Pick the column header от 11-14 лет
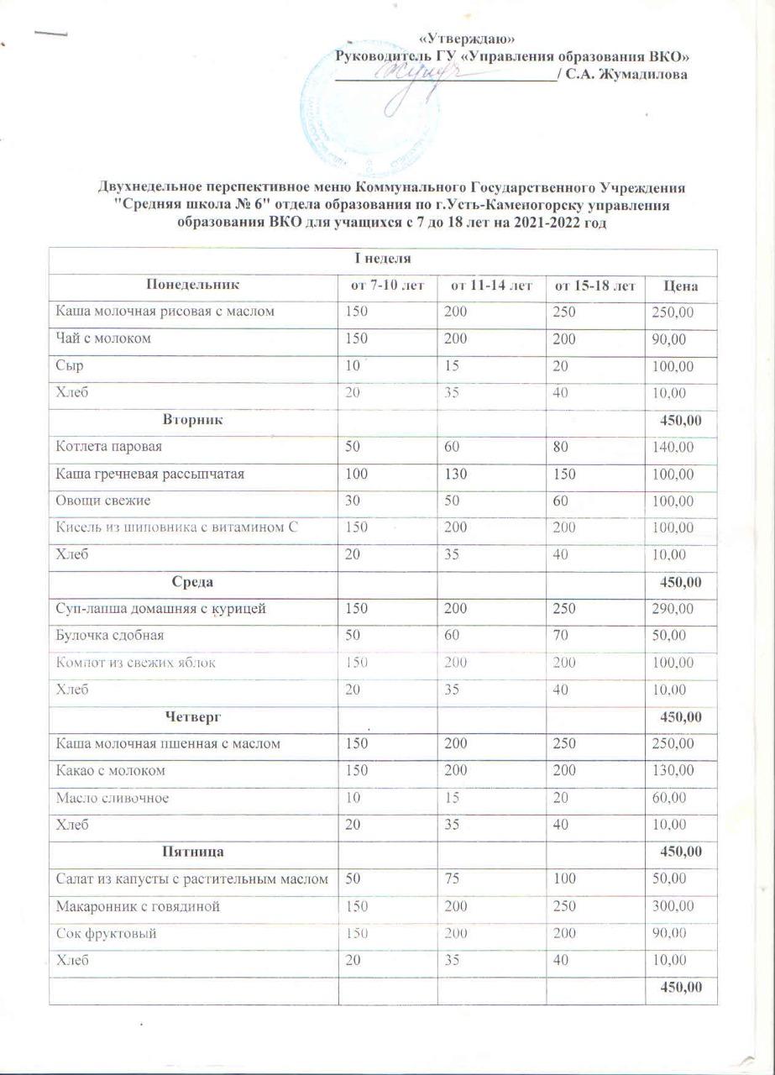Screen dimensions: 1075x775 (491, 286)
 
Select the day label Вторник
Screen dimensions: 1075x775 (192, 418)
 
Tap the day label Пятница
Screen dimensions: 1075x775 (193, 852)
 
